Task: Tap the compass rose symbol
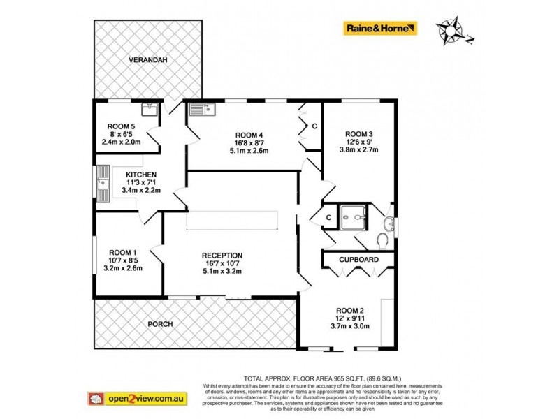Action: (x=452, y=31)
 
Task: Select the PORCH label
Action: (x=159, y=324)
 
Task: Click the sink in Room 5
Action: (x=148, y=108)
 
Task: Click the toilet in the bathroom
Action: (x=382, y=241)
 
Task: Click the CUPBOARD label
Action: (x=358, y=260)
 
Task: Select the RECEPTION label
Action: (x=222, y=255)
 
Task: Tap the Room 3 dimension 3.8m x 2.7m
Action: (x=358, y=149)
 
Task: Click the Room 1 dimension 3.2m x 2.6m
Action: (x=122, y=267)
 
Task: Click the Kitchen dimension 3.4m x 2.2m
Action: (x=140, y=190)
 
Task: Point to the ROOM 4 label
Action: (x=249, y=135)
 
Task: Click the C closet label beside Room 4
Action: (x=314, y=126)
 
